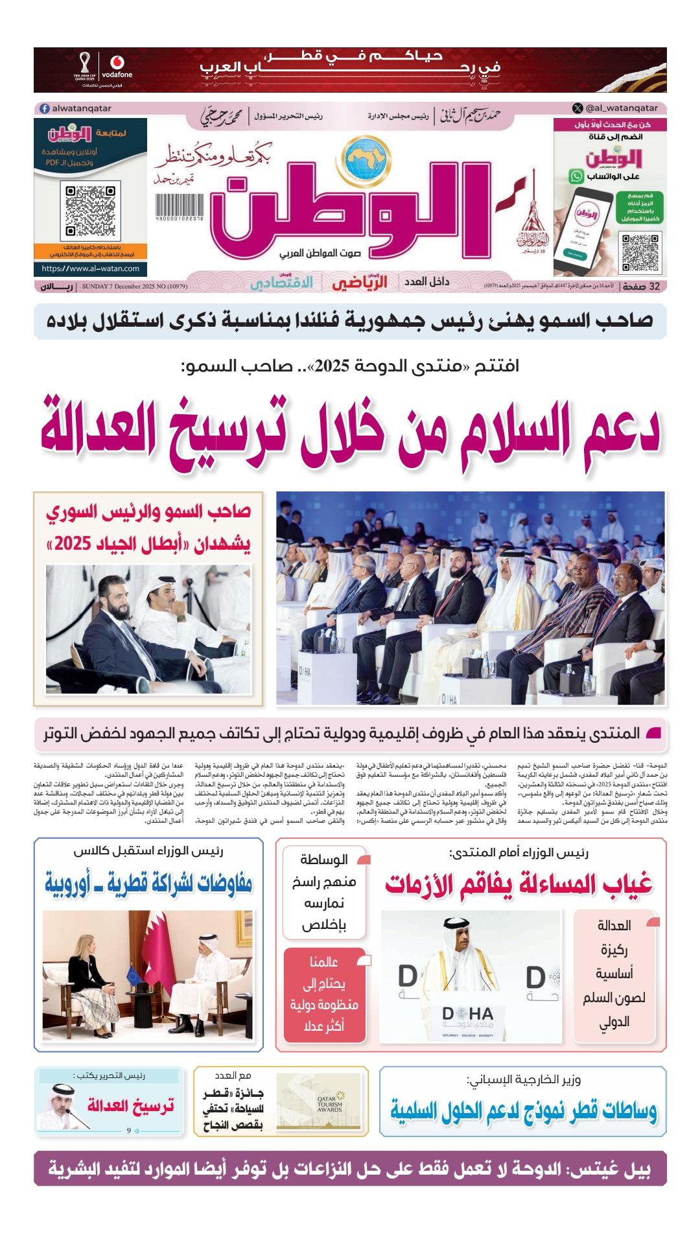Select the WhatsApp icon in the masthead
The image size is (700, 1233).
pos(576,176)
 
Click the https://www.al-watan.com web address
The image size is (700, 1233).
pos(90,268)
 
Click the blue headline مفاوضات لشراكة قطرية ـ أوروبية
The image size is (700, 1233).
pos(148,883)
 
